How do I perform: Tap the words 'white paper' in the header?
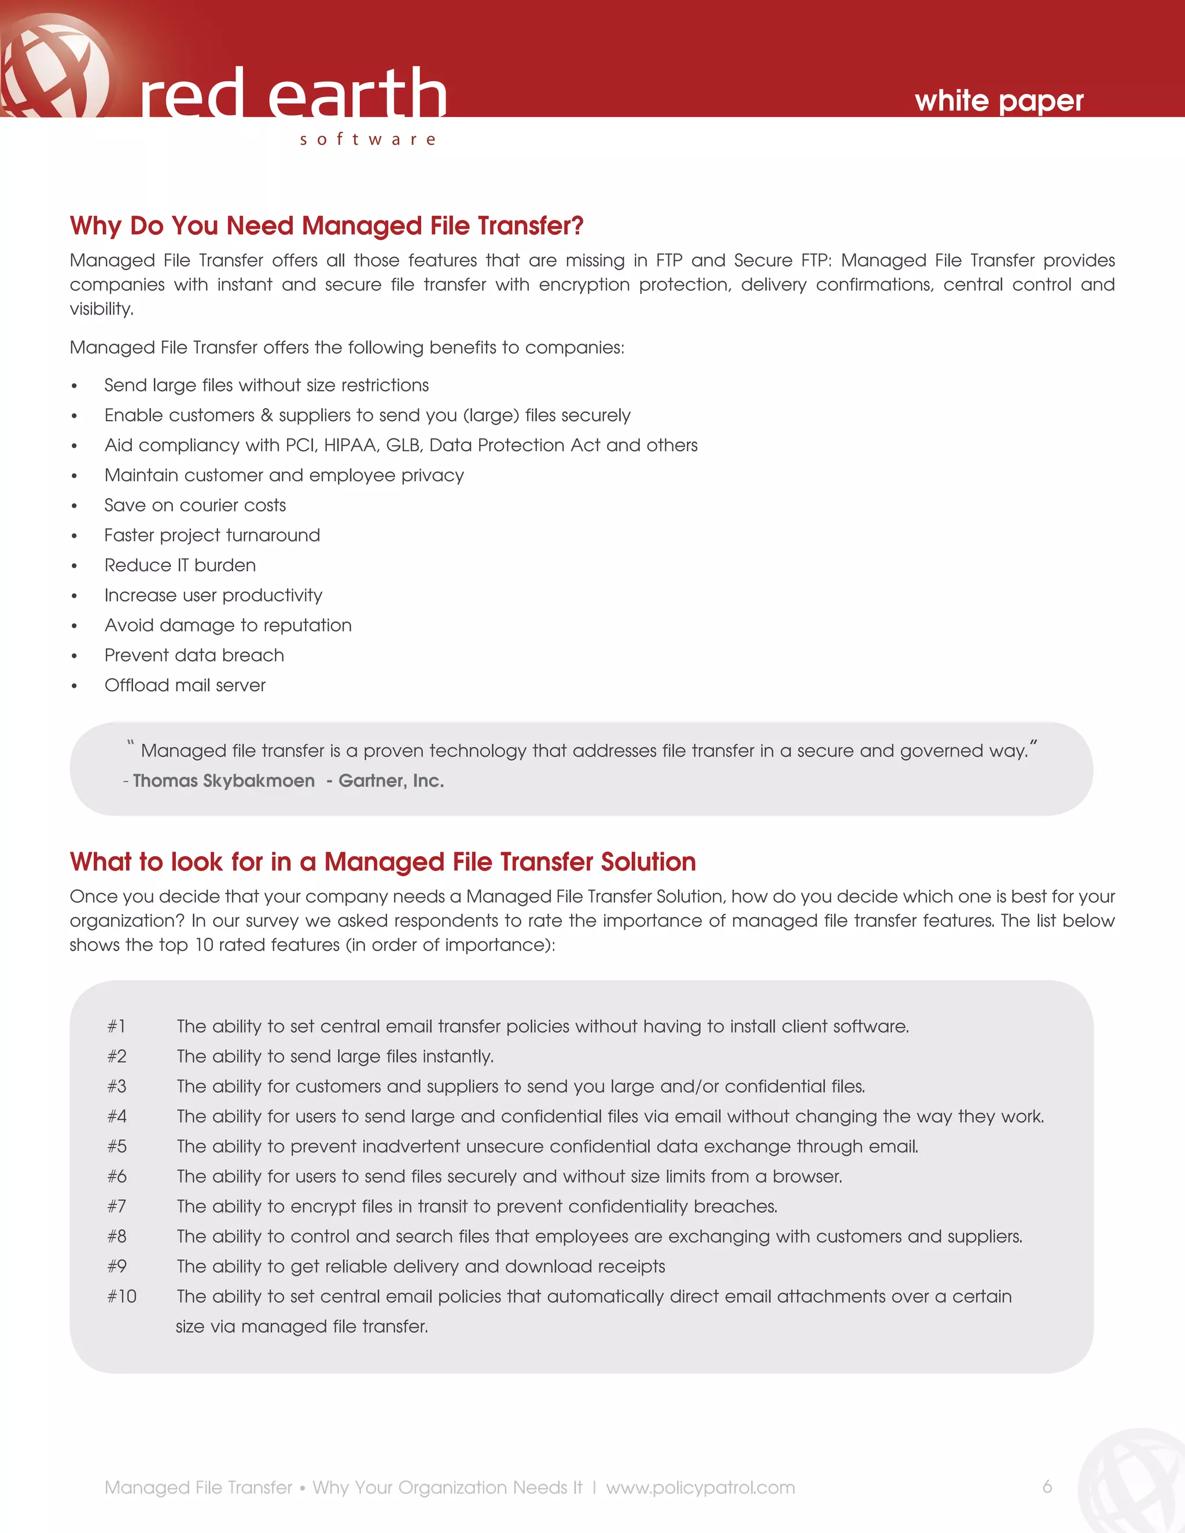coord(998,101)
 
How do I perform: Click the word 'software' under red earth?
coord(368,139)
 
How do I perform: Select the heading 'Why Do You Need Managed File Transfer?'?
coord(326,226)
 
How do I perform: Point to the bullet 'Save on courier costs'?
coord(195,506)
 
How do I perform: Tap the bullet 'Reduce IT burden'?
coord(180,565)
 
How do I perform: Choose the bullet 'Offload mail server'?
coord(185,685)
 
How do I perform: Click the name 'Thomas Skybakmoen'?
coord(223,780)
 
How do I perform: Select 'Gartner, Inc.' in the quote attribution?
coord(391,780)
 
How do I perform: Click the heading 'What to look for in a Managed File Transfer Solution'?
coord(382,862)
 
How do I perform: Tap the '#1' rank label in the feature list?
coord(116,1026)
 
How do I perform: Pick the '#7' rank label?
coord(116,1206)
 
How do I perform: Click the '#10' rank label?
coord(122,1296)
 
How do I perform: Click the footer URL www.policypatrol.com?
coord(700,1487)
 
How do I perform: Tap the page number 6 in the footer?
coord(1047,1486)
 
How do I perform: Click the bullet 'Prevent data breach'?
coord(194,655)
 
